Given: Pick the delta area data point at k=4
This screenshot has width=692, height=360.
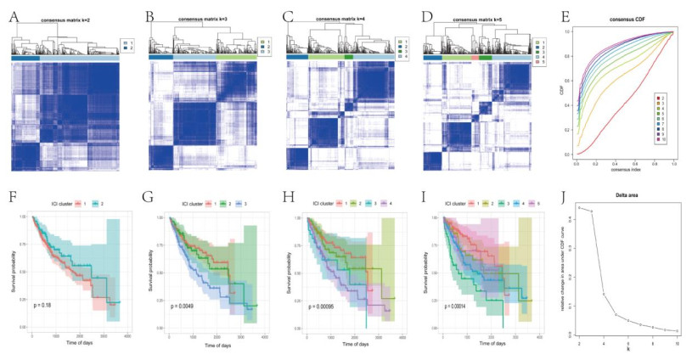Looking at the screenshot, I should click(x=604, y=294).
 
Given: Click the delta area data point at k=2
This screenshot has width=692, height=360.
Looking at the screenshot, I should click(x=579, y=207).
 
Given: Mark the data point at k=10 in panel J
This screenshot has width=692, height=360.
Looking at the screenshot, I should click(x=677, y=330).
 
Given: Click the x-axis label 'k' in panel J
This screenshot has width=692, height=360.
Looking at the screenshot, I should click(x=627, y=347).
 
